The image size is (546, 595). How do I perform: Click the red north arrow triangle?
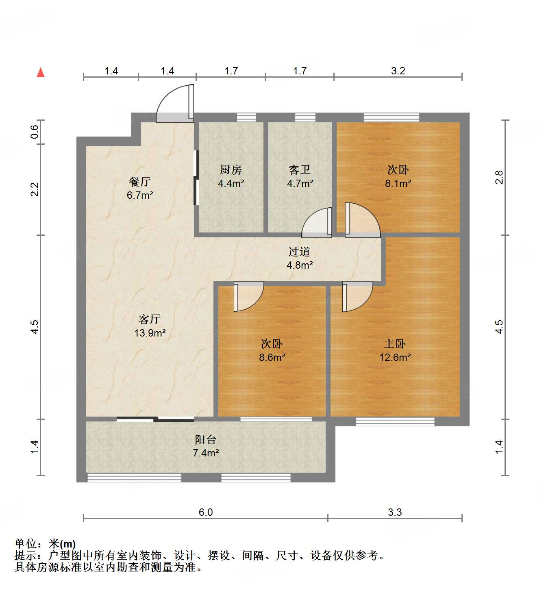(x=41, y=73)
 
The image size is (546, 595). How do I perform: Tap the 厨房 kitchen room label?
(x=231, y=169)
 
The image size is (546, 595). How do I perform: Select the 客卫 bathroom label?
(x=300, y=169)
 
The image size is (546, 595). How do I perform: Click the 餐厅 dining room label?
(x=139, y=181)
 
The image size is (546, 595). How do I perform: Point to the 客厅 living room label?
(x=150, y=319)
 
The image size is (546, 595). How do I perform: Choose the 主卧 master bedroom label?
(x=395, y=344)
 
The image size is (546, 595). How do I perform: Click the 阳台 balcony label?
(x=205, y=439)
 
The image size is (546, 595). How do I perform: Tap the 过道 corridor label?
(x=299, y=252)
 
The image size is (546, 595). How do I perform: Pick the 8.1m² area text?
(x=398, y=183)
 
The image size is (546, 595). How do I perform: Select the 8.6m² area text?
(x=272, y=358)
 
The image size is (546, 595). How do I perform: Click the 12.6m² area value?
(x=395, y=358)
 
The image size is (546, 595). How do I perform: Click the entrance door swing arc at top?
(x=173, y=102)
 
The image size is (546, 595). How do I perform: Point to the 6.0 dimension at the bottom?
(x=206, y=512)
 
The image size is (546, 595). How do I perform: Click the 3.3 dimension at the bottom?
(x=395, y=512)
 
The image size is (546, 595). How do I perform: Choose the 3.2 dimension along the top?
(x=398, y=71)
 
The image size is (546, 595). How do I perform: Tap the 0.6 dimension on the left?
(x=35, y=132)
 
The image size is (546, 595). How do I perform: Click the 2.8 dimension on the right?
(x=499, y=178)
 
